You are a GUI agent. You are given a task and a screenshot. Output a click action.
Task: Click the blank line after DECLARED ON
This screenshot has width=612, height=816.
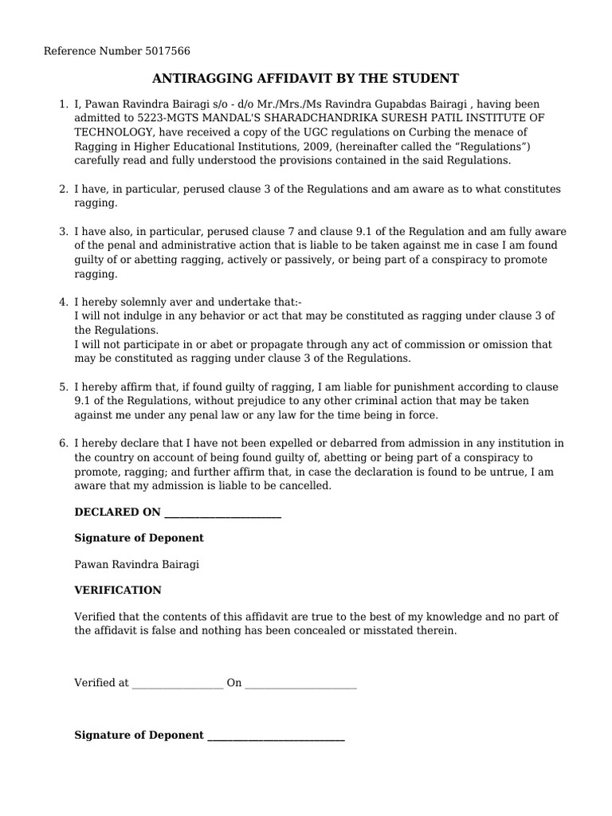click(222, 513)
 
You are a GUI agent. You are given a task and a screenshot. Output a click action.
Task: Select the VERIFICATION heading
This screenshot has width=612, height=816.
click(118, 590)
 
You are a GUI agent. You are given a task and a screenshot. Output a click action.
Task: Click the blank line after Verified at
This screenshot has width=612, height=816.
click(178, 684)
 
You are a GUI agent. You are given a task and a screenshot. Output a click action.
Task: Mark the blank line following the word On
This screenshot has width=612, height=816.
click(300, 684)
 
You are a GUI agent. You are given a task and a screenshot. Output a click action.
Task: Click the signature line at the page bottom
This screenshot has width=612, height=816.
click(276, 736)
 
